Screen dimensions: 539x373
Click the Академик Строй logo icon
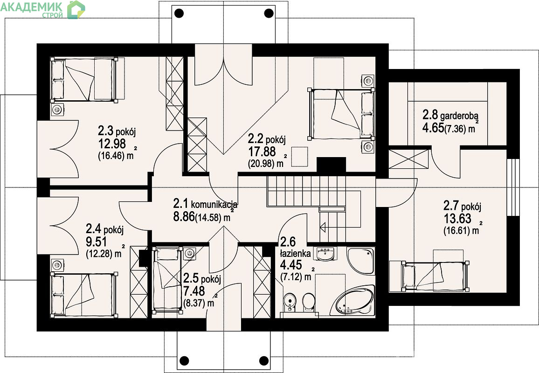coord(76,10)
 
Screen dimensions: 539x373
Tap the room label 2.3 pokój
coord(117,131)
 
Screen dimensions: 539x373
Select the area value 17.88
coord(262,151)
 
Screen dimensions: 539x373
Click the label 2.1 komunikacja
coord(205,204)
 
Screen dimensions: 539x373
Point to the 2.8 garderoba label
coord(451,115)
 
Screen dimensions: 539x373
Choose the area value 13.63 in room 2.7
coord(457,218)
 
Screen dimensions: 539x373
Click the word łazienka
coord(296,254)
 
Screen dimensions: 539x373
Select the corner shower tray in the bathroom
coord(360,260)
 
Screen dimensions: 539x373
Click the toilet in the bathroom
coord(309,302)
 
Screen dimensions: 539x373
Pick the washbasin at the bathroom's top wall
coord(325,255)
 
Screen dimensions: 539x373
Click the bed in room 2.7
coord(435,275)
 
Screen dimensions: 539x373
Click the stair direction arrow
coord(323,227)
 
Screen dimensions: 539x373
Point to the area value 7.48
coord(194,291)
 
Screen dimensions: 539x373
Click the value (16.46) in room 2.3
coord(111,155)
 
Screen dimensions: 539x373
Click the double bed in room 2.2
coord(341,114)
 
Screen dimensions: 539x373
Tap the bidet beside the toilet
coord(290,302)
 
